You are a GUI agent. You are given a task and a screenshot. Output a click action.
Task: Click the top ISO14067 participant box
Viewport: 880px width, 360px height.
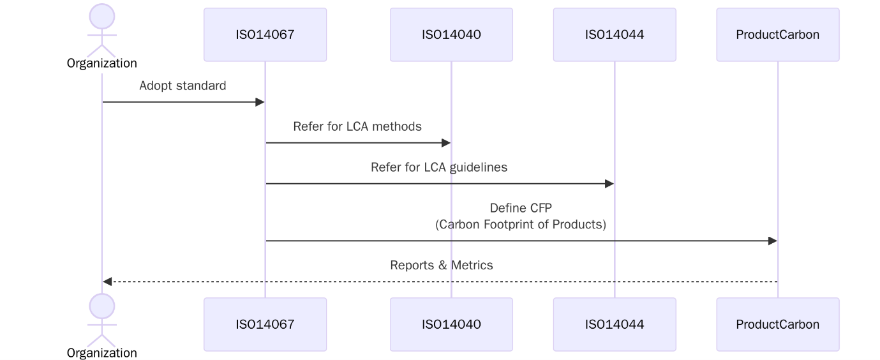(x=265, y=34)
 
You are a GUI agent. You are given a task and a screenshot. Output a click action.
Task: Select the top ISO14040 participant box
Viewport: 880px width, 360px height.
(x=451, y=34)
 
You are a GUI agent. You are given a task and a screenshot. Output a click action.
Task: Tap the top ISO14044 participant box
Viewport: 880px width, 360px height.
(x=615, y=34)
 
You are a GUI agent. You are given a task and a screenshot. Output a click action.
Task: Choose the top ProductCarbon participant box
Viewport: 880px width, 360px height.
(x=777, y=34)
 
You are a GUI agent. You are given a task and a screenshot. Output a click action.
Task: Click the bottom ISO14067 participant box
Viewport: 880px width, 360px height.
(x=265, y=324)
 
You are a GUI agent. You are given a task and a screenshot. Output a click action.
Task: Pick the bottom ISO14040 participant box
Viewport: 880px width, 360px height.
(x=451, y=324)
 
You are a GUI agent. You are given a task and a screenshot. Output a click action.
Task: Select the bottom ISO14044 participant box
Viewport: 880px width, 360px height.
(x=615, y=324)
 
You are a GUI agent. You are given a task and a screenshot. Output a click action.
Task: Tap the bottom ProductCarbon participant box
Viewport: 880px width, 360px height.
(x=777, y=324)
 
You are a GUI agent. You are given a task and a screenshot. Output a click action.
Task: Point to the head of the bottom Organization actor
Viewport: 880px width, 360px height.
(x=102, y=306)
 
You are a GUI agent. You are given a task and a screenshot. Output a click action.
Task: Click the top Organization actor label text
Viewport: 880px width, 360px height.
(x=102, y=63)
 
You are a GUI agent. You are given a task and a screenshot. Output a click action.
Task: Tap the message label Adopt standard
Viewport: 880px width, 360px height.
(x=183, y=86)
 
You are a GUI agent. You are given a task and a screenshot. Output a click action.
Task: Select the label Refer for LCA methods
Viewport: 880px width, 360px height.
(x=357, y=126)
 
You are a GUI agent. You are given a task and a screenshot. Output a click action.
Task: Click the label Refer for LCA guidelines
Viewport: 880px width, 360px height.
(x=439, y=167)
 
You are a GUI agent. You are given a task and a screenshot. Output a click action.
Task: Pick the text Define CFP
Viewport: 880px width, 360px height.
(x=520, y=207)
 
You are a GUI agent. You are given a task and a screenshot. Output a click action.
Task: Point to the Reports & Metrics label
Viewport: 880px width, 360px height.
(x=442, y=265)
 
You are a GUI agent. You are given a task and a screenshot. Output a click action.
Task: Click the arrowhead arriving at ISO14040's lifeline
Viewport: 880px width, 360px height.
(x=446, y=143)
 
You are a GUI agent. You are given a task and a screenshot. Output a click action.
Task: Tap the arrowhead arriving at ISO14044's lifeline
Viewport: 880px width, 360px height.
(x=609, y=184)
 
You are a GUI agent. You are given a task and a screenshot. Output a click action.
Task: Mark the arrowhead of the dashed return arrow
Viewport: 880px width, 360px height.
(x=107, y=281)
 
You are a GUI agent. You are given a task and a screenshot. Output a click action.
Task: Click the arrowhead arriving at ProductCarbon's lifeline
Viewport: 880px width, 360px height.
(x=772, y=241)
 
